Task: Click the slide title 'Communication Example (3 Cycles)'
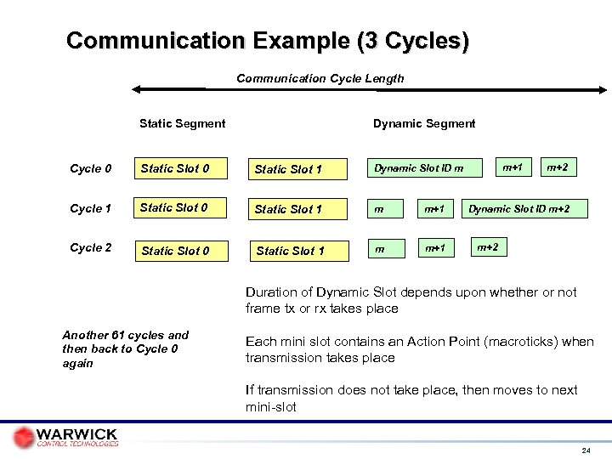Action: (267, 41)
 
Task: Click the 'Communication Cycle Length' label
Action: (320, 78)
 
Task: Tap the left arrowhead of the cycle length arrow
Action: (136, 88)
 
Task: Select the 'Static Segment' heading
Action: (182, 123)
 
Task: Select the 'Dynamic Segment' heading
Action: (424, 123)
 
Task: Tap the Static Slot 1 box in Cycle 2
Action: (291, 250)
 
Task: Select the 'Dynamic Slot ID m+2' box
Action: (524, 208)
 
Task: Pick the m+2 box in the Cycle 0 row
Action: (558, 167)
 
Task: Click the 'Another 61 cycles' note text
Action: (125, 348)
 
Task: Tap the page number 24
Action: (586, 448)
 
